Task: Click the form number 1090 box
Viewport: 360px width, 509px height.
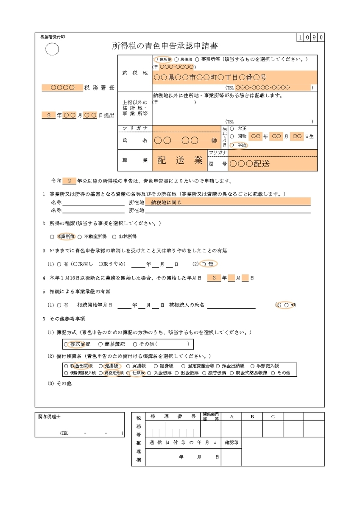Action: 311,37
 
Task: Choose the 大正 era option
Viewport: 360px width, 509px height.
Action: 239,128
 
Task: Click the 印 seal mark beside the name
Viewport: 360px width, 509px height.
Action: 214,140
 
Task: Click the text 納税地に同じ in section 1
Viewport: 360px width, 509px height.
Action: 166,202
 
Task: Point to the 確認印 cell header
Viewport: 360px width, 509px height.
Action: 232,442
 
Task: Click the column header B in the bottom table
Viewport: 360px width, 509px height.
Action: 252,417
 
